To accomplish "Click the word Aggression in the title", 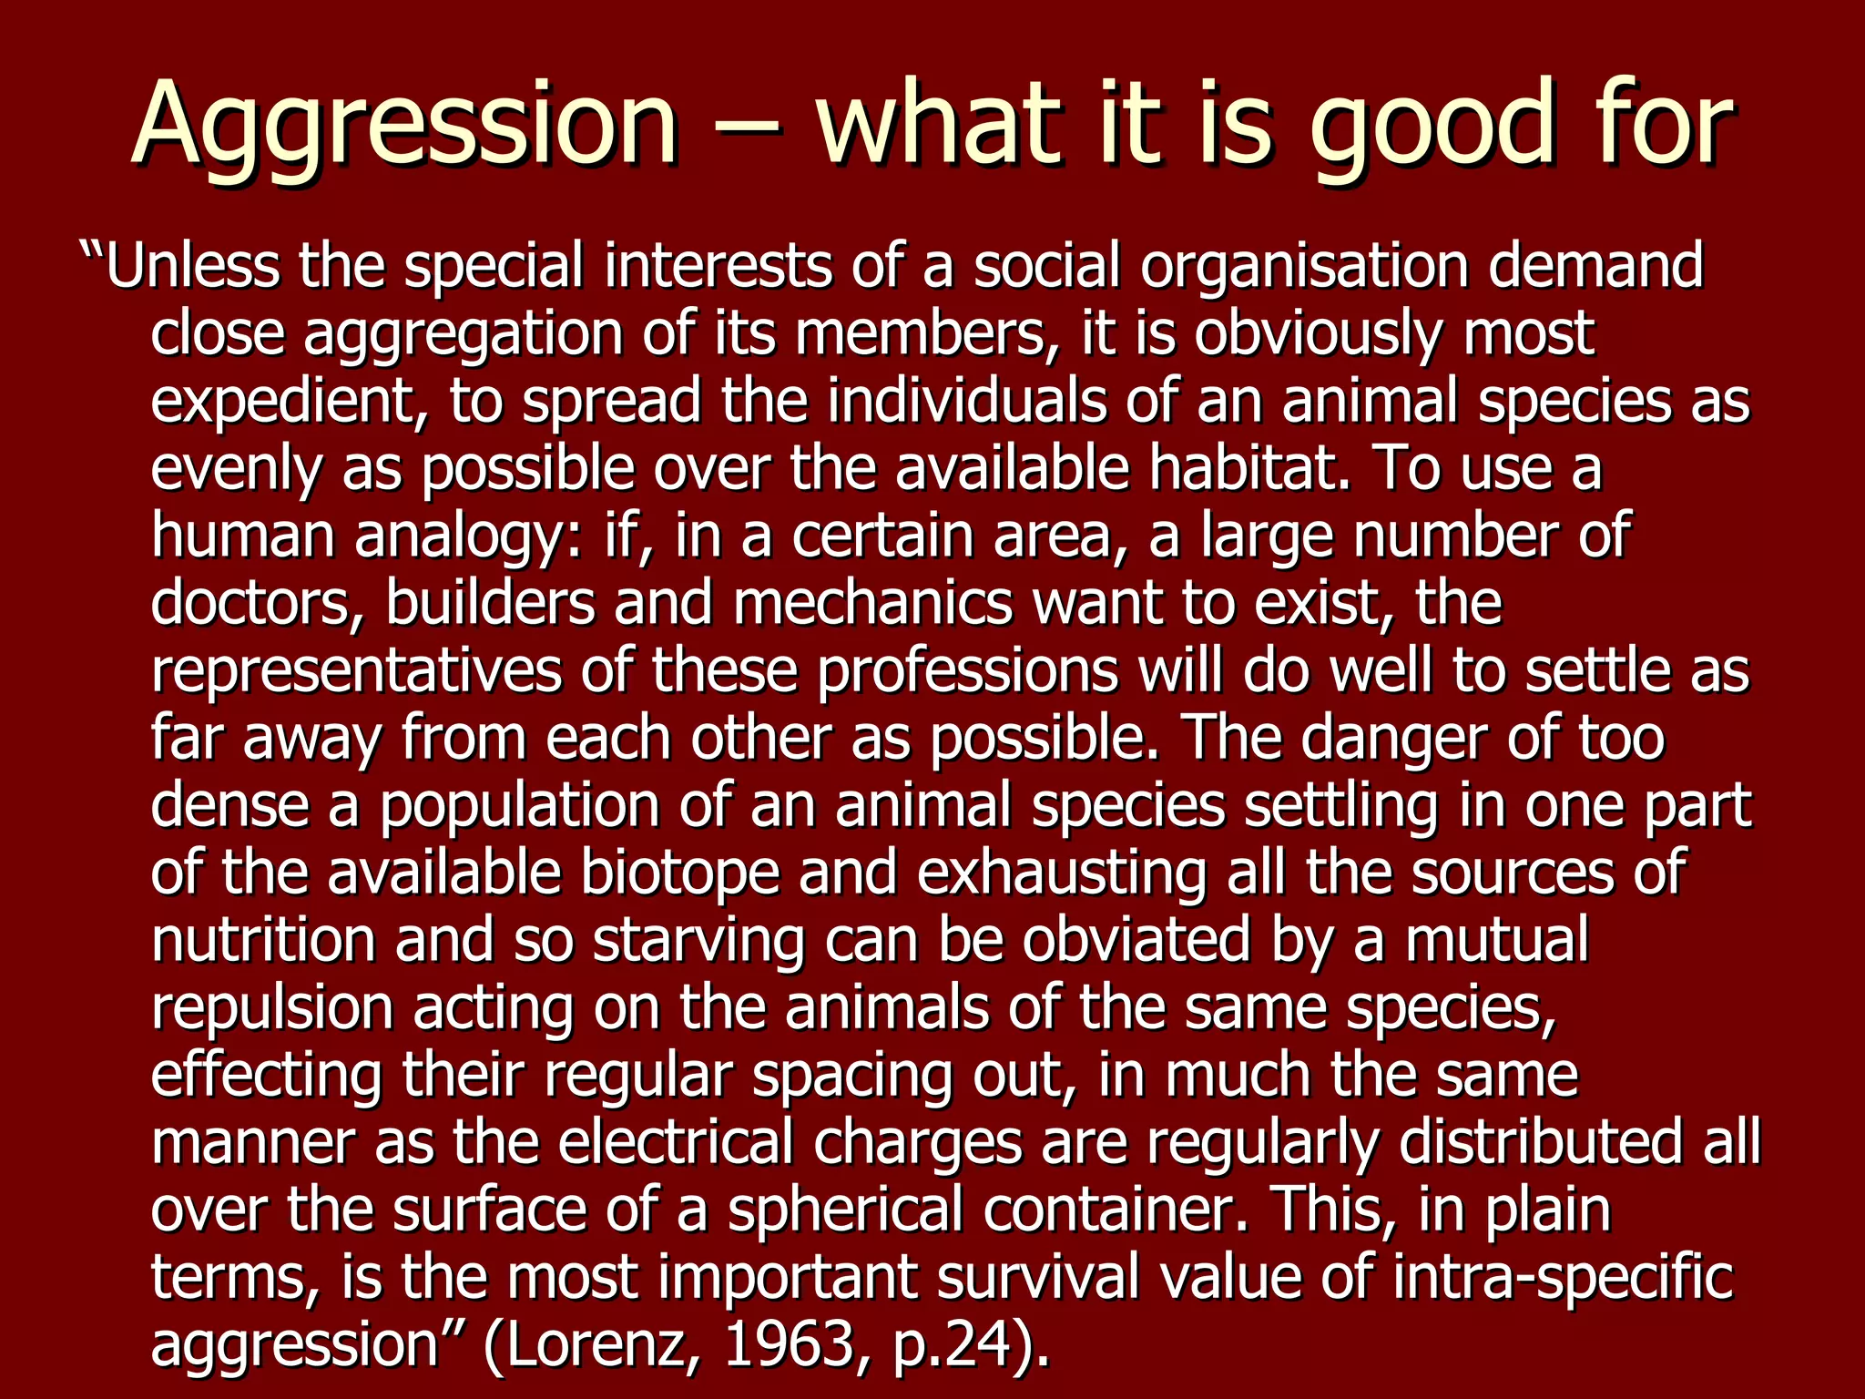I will pyautogui.click(x=404, y=124).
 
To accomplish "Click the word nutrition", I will pyautogui.click(x=263, y=940).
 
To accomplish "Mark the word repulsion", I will pyautogui.click(x=271, y=1007).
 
